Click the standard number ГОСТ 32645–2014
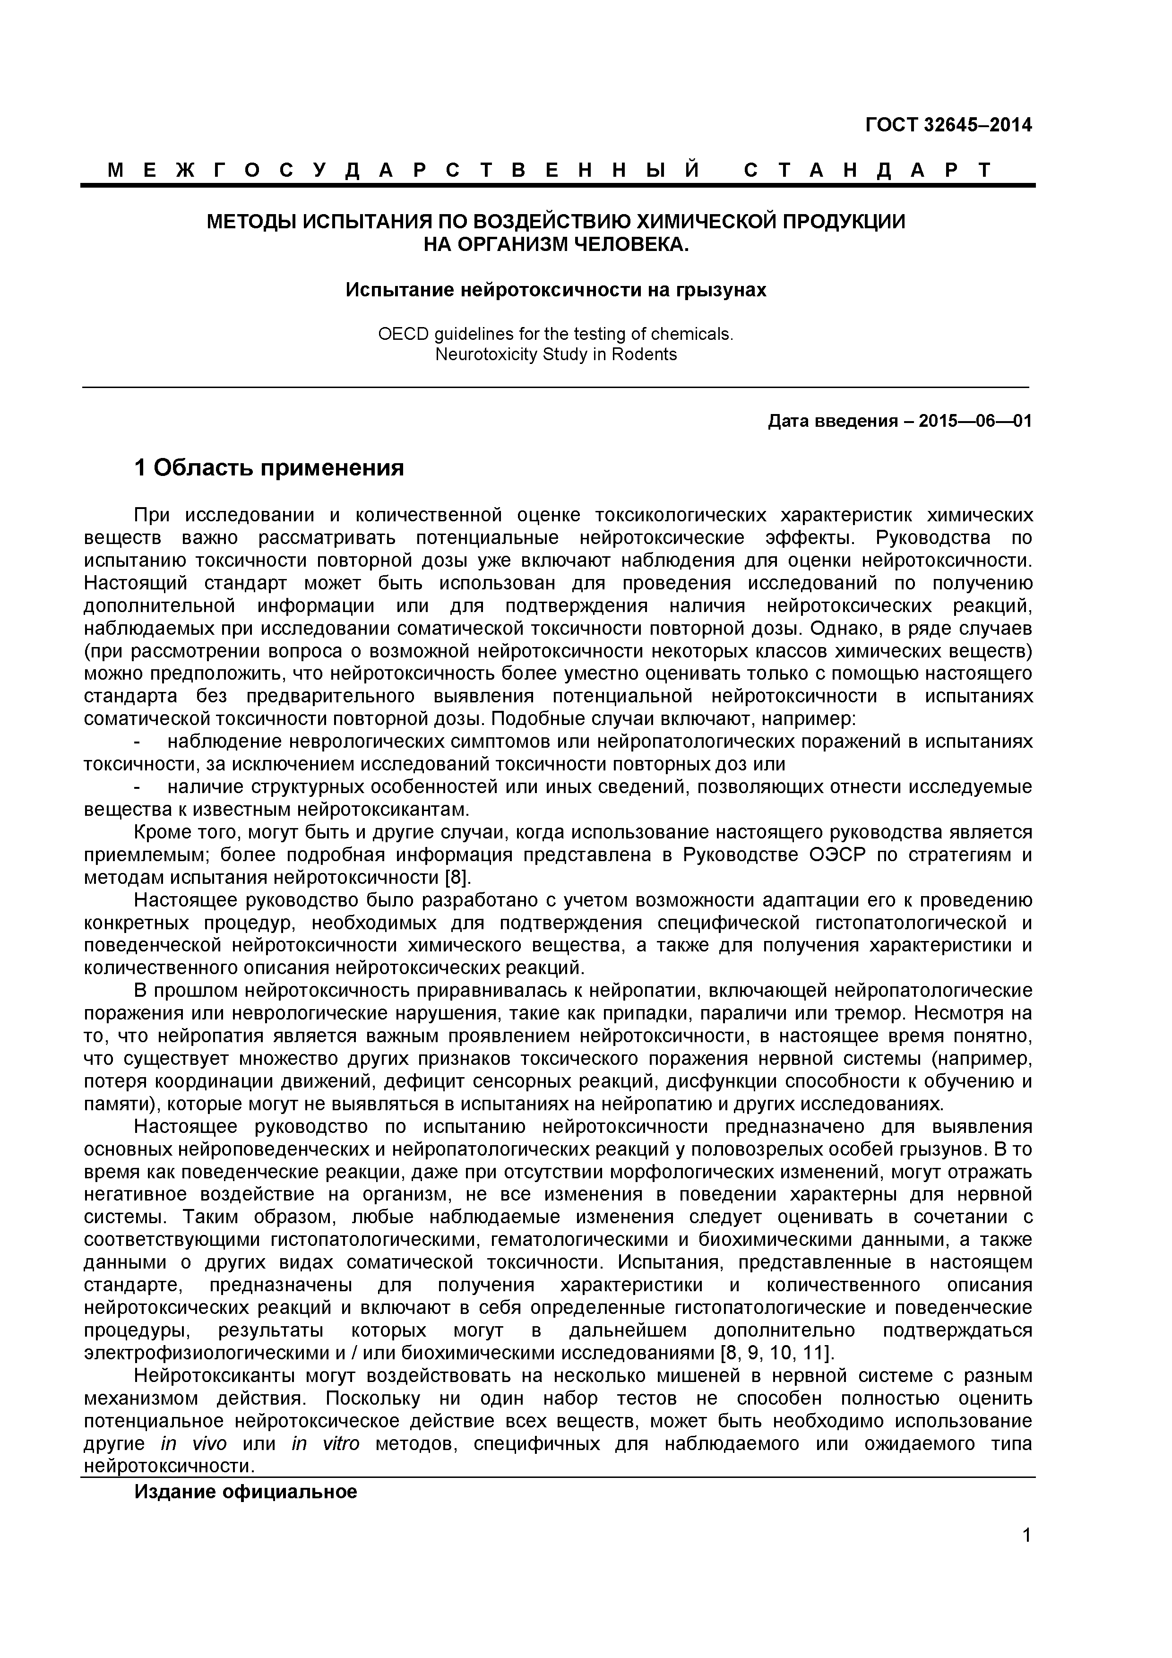pyautogui.click(x=948, y=126)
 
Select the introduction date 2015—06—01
pyautogui.click(x=975, y=421)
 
